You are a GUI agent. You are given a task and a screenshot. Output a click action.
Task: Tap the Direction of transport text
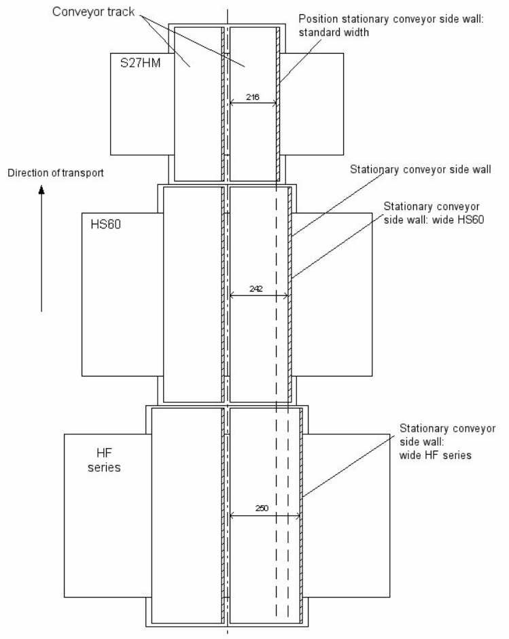tap(55, 173)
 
